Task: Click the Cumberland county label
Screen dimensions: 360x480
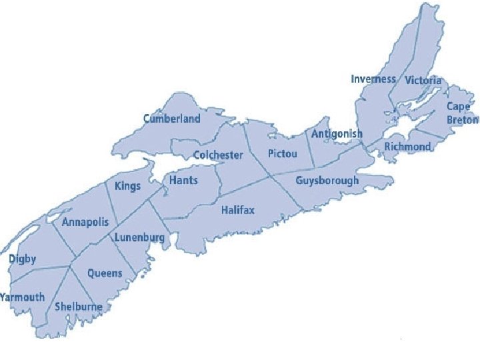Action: click(171, 119)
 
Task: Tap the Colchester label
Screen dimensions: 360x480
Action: click(218, 155)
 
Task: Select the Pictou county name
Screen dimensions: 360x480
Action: click(282, 154)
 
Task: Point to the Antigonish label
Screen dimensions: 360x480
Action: click(337, 134)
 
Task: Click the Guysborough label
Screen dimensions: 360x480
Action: click(327, 181)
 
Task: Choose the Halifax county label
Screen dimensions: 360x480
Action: click(238, 211)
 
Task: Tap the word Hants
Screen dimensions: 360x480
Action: click(183, 181)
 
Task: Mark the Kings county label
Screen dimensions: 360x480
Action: click(127, 186)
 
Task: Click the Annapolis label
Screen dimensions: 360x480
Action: click(85, 223)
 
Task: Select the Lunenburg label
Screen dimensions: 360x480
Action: click(139, 238)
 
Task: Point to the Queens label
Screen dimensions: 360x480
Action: click(105, 273)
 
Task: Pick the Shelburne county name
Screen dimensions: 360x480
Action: click(79, 307)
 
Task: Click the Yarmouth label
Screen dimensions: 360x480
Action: click(23, 297)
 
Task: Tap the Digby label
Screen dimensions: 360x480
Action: click(23, 259)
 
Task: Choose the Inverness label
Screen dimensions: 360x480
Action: click(373, 79)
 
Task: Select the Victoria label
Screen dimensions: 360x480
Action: click(423, 81)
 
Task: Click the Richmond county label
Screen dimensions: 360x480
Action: click(407, 147)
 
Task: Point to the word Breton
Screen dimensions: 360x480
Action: click(463, 120)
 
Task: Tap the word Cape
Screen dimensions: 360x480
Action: click(458, 107)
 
